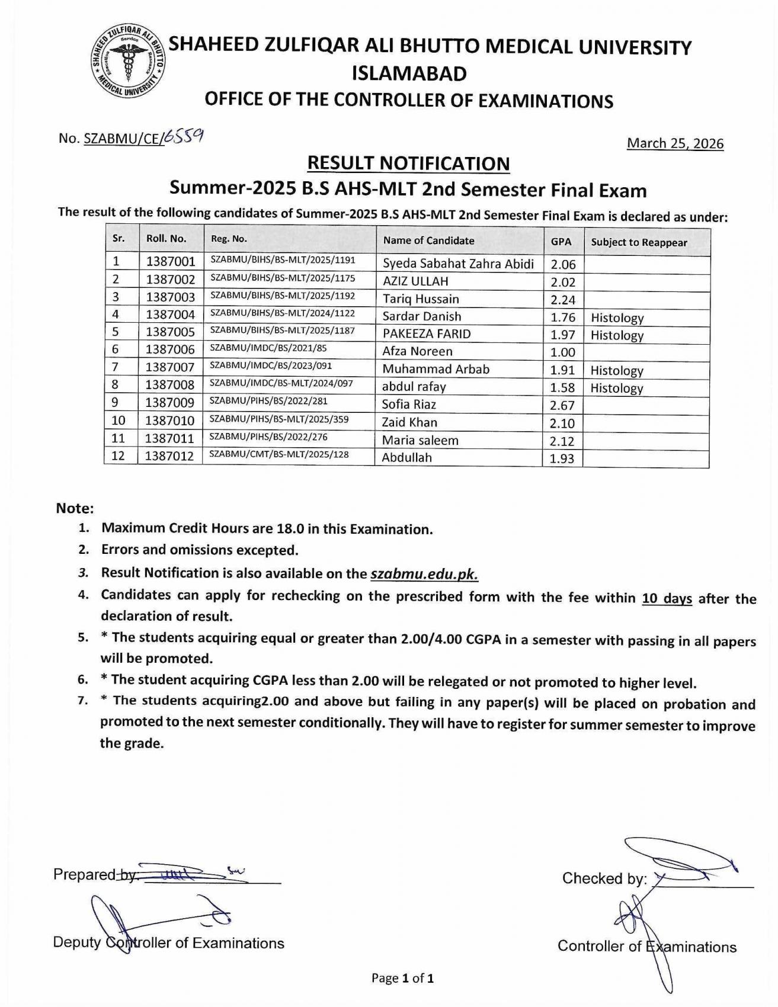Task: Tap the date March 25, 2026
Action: (x=675, y=143)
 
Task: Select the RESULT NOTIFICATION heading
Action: (x=408, y=163)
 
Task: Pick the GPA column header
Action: (x=561, y=242)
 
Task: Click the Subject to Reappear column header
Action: (x=639, y=242)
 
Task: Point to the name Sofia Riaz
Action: (x=409, y=405)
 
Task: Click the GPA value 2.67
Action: (x=562, y=405)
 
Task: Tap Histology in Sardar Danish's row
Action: (x=617, y=318)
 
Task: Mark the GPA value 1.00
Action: (x=562, y=352)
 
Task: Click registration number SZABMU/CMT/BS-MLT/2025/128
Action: (x=279, y=454)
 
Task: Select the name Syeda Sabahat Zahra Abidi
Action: (x=458, y=264)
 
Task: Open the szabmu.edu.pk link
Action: (x=424, y=574)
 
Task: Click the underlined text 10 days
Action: (x=667, y=598)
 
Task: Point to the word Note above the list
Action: (x=75, y=508)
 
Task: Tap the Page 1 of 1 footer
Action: (x=402, y=978)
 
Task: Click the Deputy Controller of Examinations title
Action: (x=168, y=943)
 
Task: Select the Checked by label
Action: (x=604, y=878)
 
